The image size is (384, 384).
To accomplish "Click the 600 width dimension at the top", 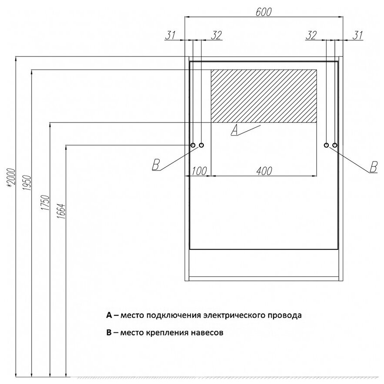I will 264,13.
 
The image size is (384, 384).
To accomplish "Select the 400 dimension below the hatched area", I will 264,171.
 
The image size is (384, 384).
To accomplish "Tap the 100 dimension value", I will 199,171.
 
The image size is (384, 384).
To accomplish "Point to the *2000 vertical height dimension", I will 12,177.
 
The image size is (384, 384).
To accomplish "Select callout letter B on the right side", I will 372,166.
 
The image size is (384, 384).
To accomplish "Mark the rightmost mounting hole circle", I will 334,145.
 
